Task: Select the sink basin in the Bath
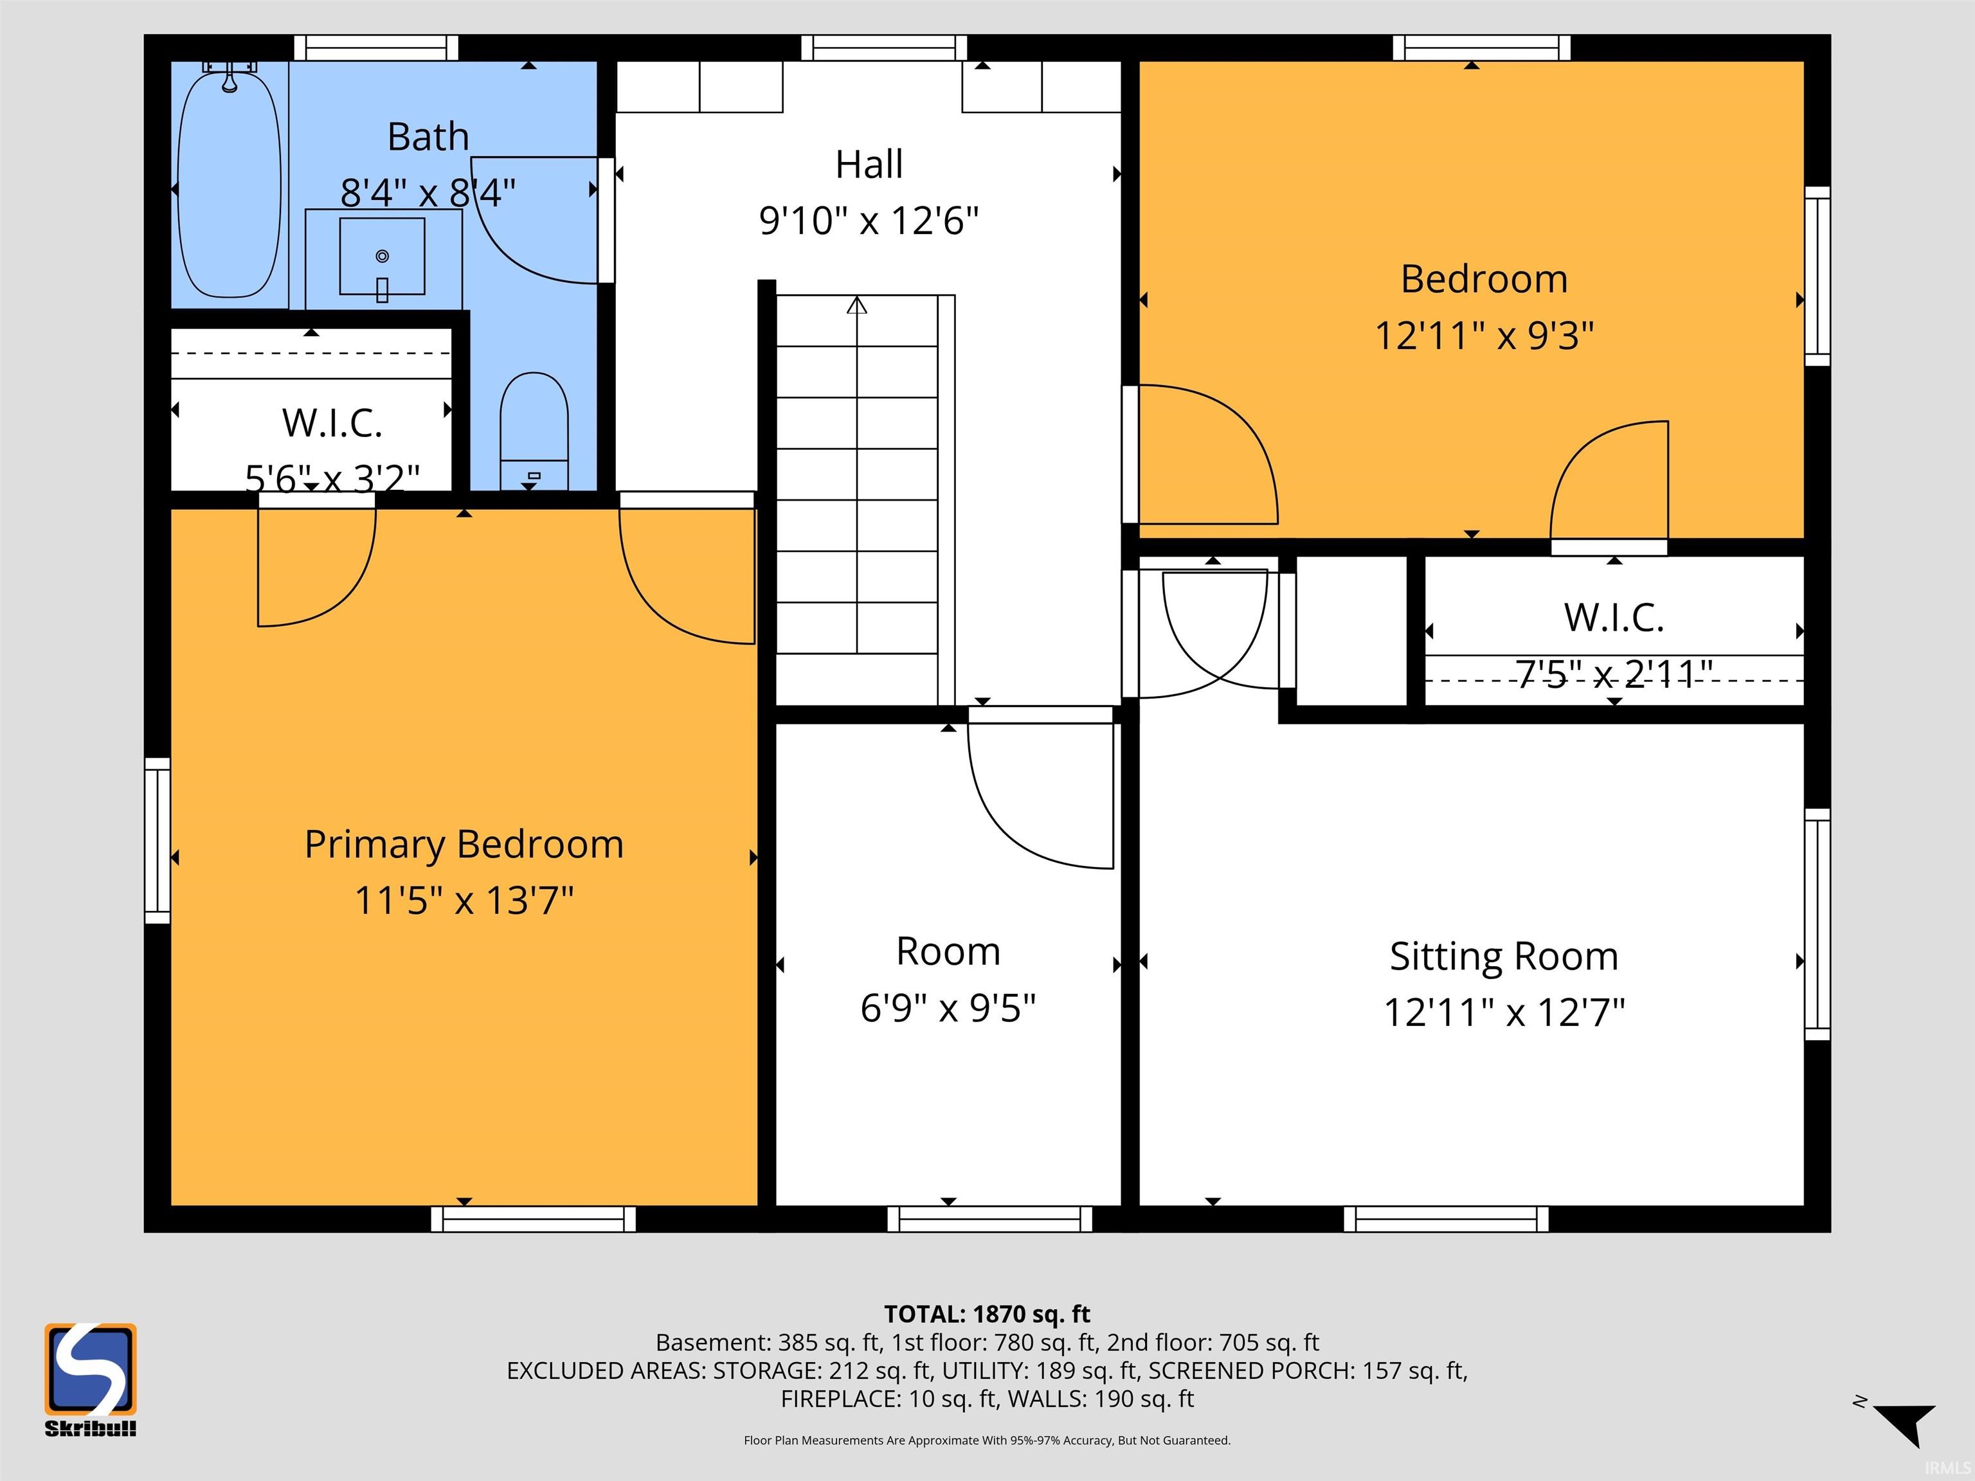382,256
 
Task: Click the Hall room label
869,165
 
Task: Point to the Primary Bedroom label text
464,845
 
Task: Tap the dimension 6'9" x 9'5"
948,1009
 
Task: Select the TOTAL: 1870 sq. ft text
987,1314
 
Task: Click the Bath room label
429,136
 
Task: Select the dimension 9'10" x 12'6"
869,220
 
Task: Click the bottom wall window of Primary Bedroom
533,1219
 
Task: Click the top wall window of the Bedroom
1481,48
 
